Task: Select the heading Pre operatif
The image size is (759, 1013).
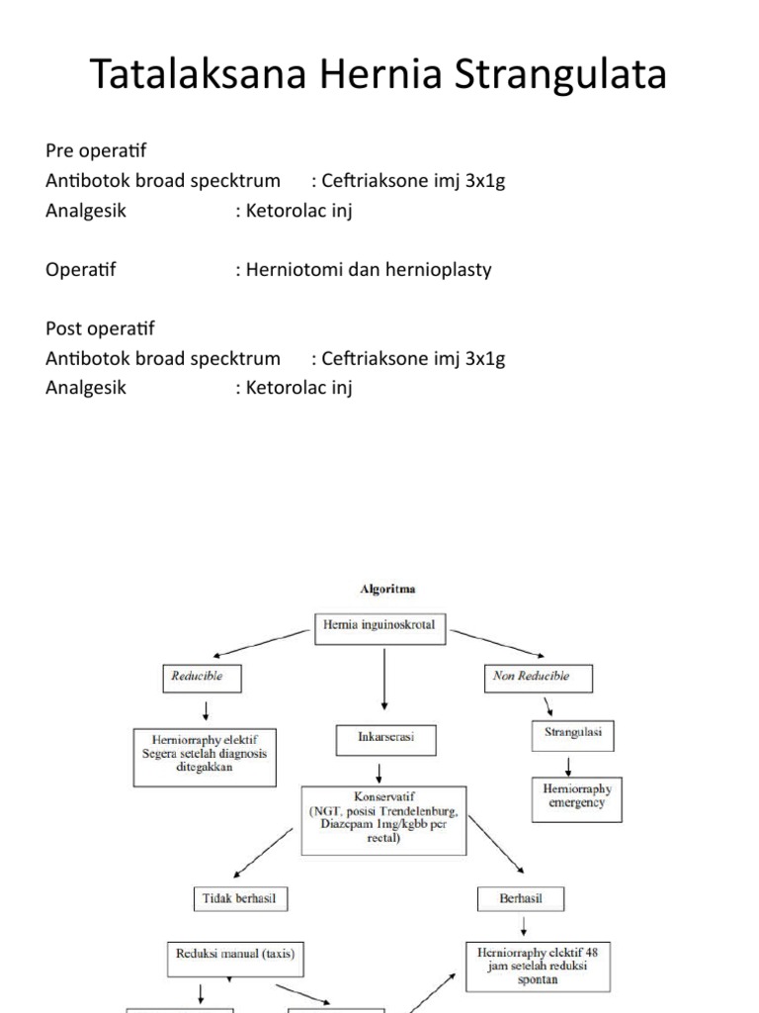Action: pyautogui.click(x=96, y=150)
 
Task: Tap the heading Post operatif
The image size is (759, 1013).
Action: pyautogui.click(x=100, y=328)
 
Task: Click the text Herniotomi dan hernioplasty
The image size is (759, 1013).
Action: pyautogui.click(x=363, y=269)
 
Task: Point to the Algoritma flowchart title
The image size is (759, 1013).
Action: pyautogui.click(x=385, y=589)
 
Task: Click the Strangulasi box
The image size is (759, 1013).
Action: pyautogui.click(x=572, y=734)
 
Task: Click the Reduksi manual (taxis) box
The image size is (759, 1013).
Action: pyautogui.click(x=236, y=955)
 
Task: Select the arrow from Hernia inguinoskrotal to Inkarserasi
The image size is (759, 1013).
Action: pyautogui.click(x=383, y=680)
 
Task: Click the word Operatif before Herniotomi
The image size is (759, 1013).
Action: pyautogui.click(x=81, y=269)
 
